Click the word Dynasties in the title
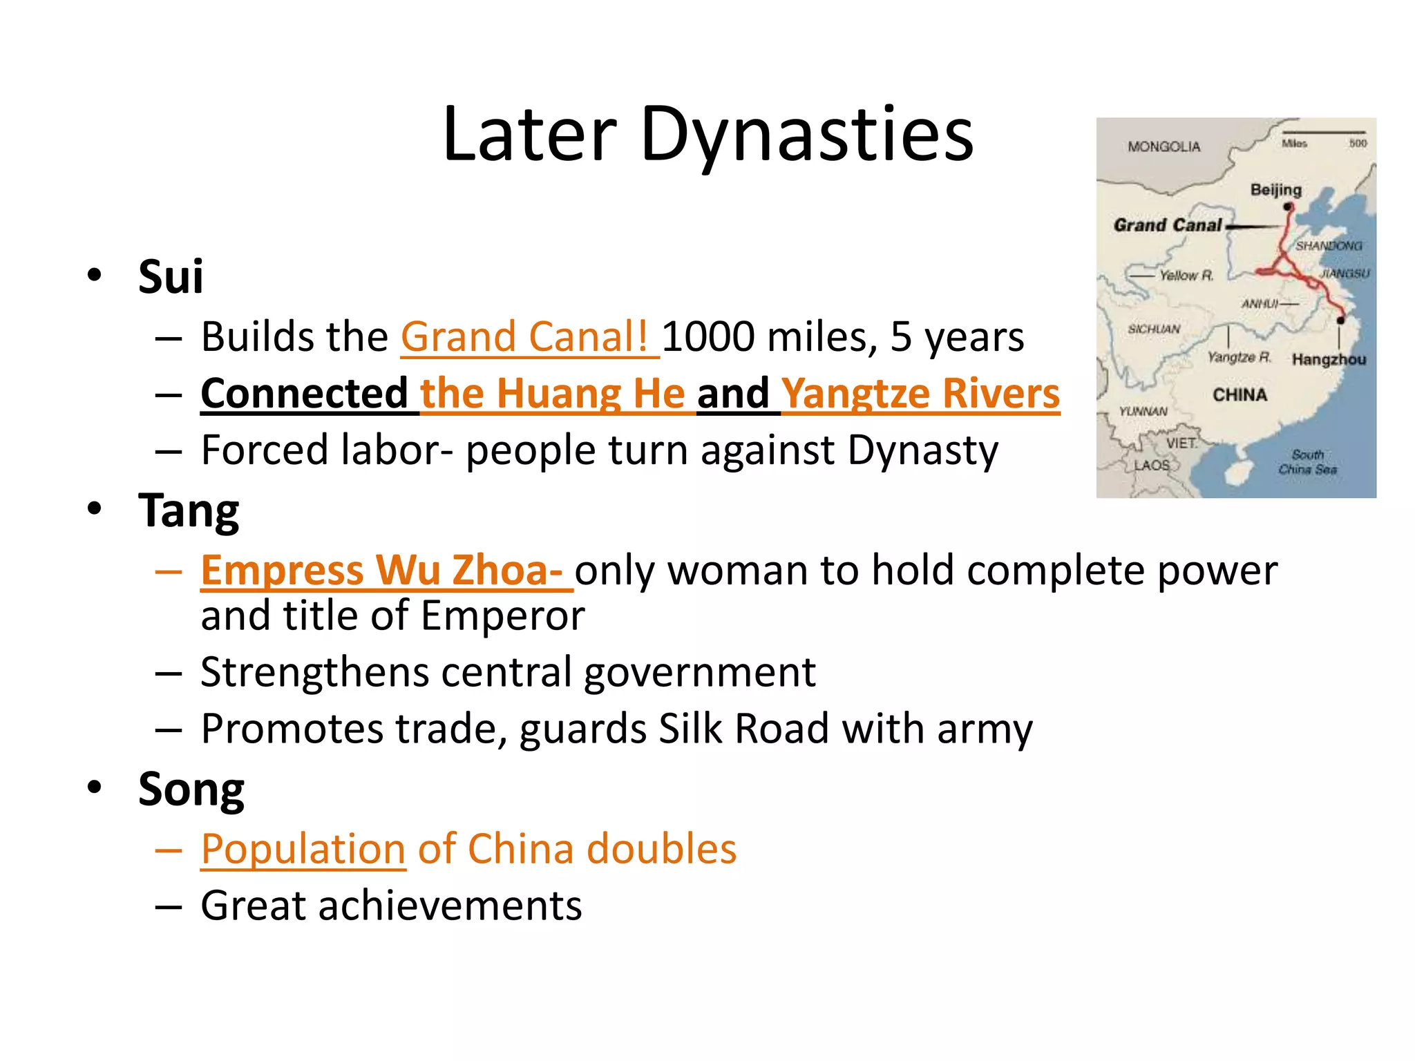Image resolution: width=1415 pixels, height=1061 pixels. tap(806, 135)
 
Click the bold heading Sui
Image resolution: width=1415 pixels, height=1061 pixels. tap(171, 277)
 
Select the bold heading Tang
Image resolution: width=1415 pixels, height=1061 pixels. tap(189, 511)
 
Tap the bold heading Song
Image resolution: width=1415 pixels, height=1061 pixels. tap(191, 790)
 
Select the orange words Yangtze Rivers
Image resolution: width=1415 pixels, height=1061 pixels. tap(921, 394)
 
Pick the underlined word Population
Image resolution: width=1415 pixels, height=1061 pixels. tap(303, 849)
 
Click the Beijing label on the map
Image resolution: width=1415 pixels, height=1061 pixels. tap(1275, 189)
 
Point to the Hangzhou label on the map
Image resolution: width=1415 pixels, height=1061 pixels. tap(1329, 359)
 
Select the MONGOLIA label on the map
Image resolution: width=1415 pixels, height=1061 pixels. tap(1164, 146)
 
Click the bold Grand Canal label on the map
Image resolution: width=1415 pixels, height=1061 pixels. tap(1168, 225)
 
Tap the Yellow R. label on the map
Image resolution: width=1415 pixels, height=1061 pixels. tap(1186, 276)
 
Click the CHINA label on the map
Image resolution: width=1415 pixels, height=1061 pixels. tap(1240, 395)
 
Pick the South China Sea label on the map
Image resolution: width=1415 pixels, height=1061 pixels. tap(1307, 462)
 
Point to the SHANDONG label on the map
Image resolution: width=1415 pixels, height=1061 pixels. tap(1328, 246)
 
